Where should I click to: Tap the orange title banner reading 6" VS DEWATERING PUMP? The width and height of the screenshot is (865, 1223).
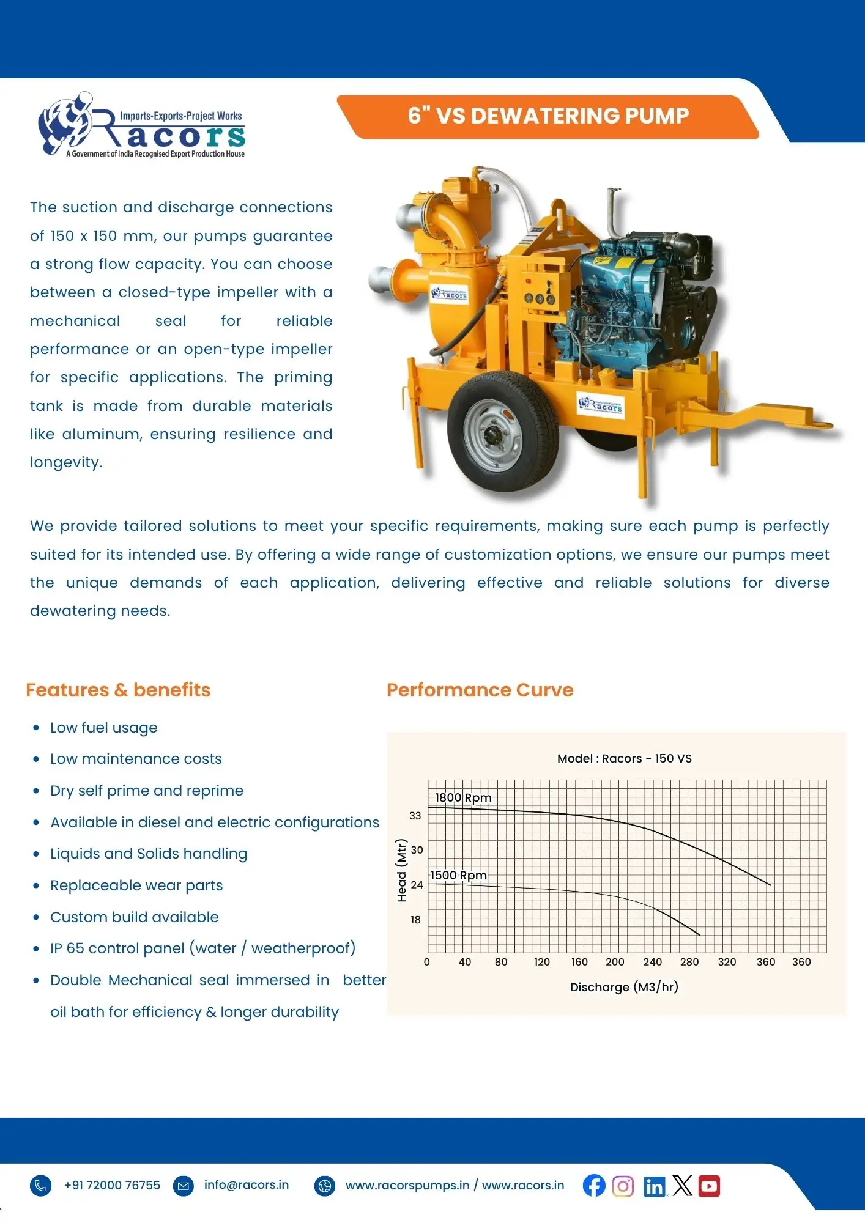coord(548,116)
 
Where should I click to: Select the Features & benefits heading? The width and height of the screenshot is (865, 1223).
coord(118,690)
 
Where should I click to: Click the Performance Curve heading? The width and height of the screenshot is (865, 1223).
coord(480,690)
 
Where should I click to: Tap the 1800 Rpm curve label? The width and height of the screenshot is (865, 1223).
coord(463,797)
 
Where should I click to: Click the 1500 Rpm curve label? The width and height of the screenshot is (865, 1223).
coord(458,875)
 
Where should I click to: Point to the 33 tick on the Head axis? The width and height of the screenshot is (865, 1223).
coord(415,816)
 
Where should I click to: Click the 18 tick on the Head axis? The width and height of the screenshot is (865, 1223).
coord(415,920)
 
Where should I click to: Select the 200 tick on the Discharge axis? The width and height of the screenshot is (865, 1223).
coord(615,962)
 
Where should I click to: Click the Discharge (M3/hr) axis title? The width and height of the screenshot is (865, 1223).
coord(624,987)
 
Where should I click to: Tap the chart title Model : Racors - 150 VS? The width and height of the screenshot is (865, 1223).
coord(624,758)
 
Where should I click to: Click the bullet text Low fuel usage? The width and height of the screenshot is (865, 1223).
coord(104,728)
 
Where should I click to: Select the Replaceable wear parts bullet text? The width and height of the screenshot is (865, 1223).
coord(136,885)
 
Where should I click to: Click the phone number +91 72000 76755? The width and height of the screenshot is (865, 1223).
coord(112,1185)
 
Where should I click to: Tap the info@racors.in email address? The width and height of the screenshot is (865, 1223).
coord(247,1185)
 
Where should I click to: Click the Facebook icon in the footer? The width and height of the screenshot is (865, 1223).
coord(593,1186)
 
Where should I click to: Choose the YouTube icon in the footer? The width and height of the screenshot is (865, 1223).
coord(709,1186)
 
